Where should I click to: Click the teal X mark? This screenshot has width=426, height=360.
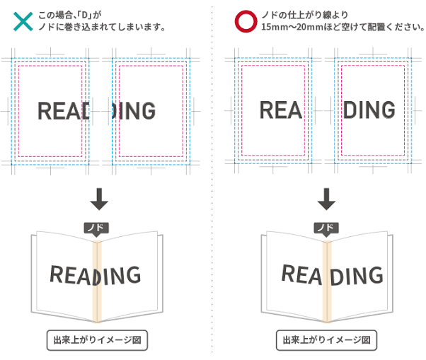pyautogui.click(x=23, y=21)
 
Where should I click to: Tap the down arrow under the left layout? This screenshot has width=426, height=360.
pyautogui.click(x=99, y=199)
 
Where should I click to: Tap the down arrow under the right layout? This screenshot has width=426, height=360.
pyautogui.click(x=326, y=199)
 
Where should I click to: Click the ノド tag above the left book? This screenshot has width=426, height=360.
pyautogui.click(x=96, y=228)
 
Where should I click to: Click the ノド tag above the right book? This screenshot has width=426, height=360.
pyautogui.click(x=326, y=228)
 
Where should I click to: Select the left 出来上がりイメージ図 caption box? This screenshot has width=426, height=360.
pyautogui.click(x=97, y=340)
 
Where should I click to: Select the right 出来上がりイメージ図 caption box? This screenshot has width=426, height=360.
pyautogui.click(x=326, y=340)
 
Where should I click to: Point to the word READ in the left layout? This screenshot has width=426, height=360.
pyautogui.click(x=63, y=111)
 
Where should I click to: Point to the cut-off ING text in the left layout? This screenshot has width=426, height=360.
pyautogui.click(x=134, y=111)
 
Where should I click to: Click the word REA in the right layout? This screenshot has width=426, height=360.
pyautogui.click(x=281, y=110)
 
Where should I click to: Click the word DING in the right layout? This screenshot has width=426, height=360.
pyautogui.click(x=369, y=110)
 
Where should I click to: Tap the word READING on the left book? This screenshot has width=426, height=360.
pyautogui.click(x=96, y=275)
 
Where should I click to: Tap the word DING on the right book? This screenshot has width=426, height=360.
pyautogui.click(x=357, y=276)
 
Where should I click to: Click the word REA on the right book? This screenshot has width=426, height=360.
pyautogui.click(x=301, y=274)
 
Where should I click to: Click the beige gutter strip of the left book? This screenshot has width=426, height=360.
pyautogui.click(x=97, y=281)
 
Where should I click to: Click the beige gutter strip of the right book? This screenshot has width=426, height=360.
pyautogui.click(x=327, y=281)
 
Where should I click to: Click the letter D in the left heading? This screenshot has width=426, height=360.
pyautogui.click(x=84, y=15)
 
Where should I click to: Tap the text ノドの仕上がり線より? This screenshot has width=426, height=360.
pyautogui.click(x=304, y=15)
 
